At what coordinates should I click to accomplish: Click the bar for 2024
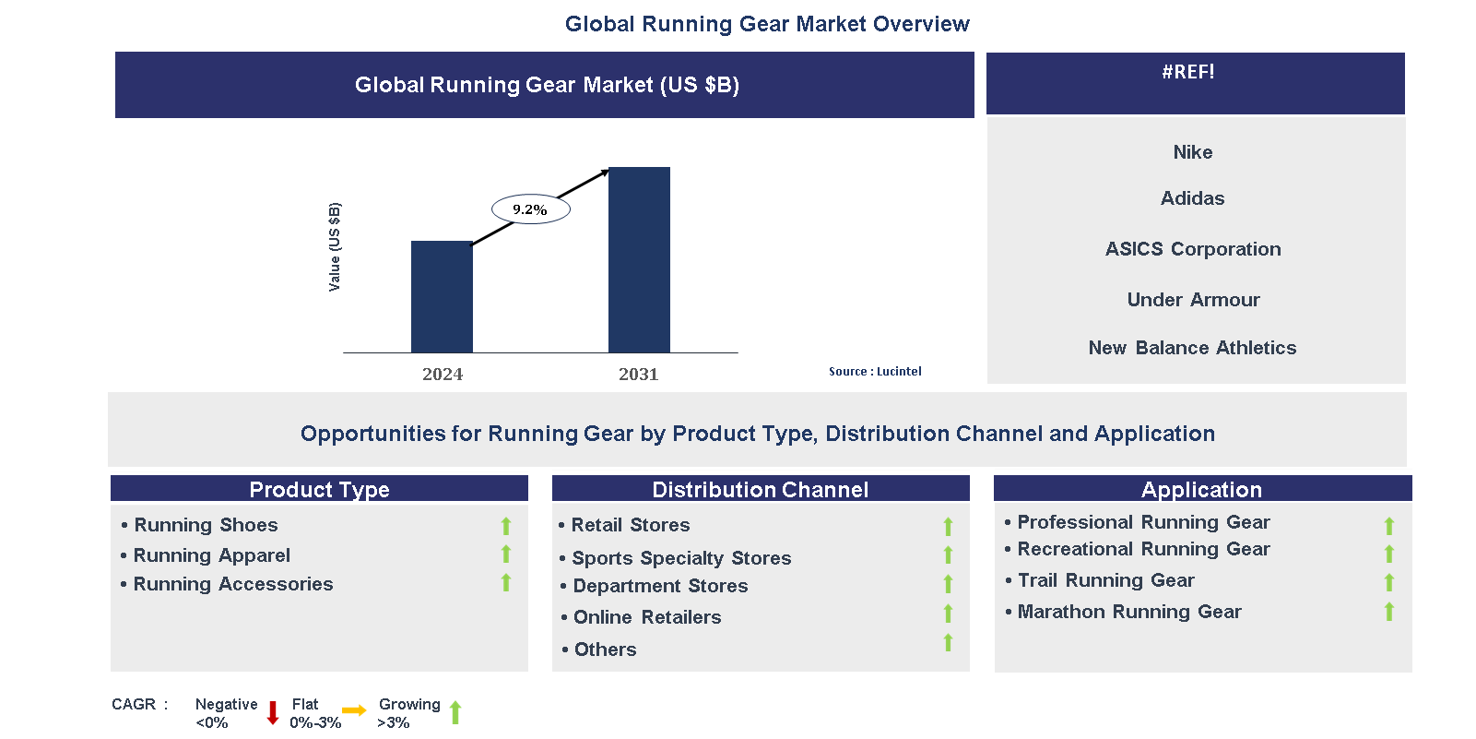pyautogui.click(x=442, y=296)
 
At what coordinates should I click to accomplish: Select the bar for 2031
pyautogui.click(x=639, y=259)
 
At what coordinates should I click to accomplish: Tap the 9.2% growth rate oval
pyautogui.click(x=530, y=209)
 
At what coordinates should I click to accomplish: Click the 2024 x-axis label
pyautogui.click(x=443, y=374)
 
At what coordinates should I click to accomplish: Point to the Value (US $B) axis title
pyautogui.click(x=335, y=247)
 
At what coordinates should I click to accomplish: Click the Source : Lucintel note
pyautogui.click(x=874, y=372)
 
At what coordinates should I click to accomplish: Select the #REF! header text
pyautogui.click(x=1187, y=72)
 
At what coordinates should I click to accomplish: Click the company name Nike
pyautogui.click(x=1192, y=152)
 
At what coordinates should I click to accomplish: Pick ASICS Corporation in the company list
pyautogui.click(x=1192, y=249)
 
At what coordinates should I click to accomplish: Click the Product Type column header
pyautogui.click(x=319, y=489)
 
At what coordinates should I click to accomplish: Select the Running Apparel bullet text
pyautogui.click(x=211, y=555)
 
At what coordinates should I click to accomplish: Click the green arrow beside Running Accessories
pyautogui.click(x=506, y=583)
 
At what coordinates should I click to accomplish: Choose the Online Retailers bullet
pyautogui.click(x=646, y=617)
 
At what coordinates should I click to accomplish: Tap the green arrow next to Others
pyautogui.click(x=948, y=643)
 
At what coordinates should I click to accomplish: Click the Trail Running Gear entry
pyautogui.click(x=1104, y=580)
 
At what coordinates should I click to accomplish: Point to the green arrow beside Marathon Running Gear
pyautogui.click(x=1389, y=612)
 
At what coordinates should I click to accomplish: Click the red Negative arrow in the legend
pyautogui.click(x=273, y=712)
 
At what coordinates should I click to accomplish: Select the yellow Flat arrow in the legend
pyautogui.click(x=354, y=710)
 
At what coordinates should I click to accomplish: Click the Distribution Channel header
pyautogui.click(x=760, y=489)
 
